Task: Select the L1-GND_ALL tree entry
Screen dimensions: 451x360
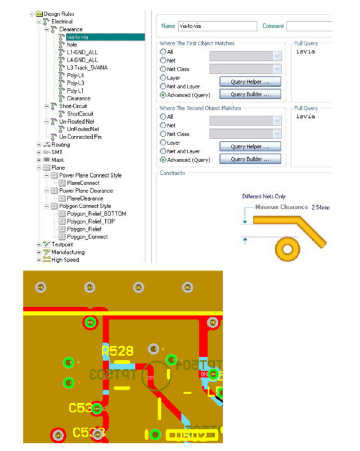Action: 82,53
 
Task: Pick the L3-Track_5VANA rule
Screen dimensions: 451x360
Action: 87,68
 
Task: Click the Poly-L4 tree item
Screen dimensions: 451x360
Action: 75,76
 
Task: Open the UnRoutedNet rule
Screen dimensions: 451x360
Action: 80,129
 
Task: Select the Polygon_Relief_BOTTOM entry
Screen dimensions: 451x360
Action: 96,214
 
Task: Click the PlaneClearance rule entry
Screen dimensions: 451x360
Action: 85,198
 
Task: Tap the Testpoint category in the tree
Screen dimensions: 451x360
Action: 62,245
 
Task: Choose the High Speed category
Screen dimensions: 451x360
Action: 65,260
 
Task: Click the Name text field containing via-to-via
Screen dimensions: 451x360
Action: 217,26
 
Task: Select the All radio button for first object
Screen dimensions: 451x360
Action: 163,52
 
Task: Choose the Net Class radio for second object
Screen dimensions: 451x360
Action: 163,134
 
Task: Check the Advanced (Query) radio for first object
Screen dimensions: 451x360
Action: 163,95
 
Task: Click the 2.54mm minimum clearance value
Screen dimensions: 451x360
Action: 320,207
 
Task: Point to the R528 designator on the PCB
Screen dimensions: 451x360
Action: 118,351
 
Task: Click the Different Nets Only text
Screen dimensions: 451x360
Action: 264,196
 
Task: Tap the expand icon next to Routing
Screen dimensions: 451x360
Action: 39,145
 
